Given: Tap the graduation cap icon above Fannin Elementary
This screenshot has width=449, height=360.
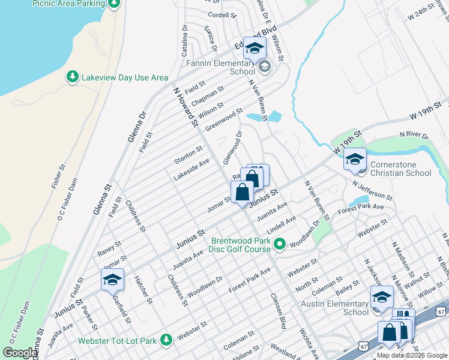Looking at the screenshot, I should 255,49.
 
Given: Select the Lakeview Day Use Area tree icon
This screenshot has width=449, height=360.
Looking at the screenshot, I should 72,77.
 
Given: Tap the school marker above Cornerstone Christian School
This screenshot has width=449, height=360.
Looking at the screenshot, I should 355,160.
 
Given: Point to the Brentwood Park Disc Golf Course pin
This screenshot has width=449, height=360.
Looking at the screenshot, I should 279,244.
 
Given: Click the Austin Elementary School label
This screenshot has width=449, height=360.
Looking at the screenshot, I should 339,308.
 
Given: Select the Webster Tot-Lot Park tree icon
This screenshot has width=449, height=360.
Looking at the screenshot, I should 166,341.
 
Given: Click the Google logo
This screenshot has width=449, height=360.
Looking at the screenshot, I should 19,353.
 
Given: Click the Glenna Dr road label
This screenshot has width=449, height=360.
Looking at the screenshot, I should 137,126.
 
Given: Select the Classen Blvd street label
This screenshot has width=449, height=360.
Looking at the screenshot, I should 277,311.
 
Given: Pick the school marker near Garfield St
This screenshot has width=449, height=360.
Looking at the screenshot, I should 112,280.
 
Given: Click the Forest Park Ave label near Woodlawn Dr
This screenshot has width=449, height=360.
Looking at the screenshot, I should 250,280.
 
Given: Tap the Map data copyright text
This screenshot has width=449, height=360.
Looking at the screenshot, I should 411,355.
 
